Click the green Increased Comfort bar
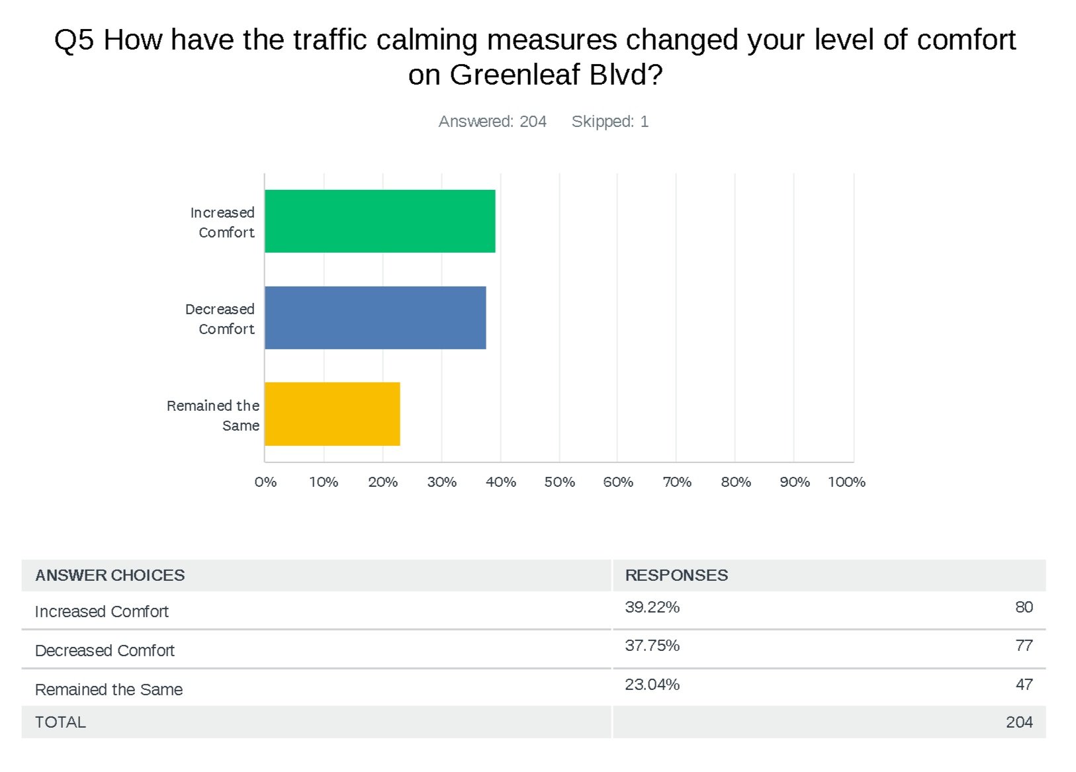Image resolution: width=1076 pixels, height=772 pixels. click(x=380, y=221)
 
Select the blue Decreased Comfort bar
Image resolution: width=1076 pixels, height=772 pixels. click(x=375, y=318)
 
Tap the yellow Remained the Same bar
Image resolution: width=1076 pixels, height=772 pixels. click(x=332, y=414)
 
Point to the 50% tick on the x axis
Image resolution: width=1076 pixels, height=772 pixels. click(x=559, y=482)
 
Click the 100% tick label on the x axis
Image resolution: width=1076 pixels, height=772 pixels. click(x=846, y=482)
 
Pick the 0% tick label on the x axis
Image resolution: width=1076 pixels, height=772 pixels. click(x=265, y=482)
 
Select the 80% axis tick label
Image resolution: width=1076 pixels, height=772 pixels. click(x=736, y=482)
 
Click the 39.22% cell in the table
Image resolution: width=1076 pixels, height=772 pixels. click(x=652, y=607)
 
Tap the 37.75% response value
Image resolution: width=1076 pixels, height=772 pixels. click(x=652, y=646)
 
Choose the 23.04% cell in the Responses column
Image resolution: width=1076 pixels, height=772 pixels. click(x=652, y=685)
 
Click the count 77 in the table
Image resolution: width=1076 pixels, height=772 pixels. click(x=1024, y=646)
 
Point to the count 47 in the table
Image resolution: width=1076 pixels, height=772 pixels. click(x=1024, y=685)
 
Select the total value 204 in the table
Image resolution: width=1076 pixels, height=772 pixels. click(x=1019, y=722)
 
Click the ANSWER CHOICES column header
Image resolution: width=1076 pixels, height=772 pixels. click(x=110, y=576)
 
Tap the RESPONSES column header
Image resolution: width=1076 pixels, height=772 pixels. click(x=676, y=576)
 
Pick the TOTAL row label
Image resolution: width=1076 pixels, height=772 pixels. click(x=60, y=722)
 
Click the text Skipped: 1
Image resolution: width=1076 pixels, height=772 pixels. click(x=609, y=122)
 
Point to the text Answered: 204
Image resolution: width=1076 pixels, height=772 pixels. click(x=492, y=122)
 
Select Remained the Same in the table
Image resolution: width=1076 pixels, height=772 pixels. click(x=109, y=689)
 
